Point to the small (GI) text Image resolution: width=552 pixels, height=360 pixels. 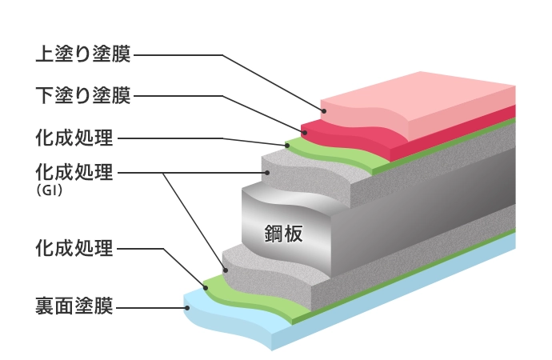[49, 192]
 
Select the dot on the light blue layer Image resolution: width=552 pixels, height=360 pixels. [186, 306]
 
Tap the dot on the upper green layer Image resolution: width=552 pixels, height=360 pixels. [286, 146]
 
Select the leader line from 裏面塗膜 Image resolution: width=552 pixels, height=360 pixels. [152, 306]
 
